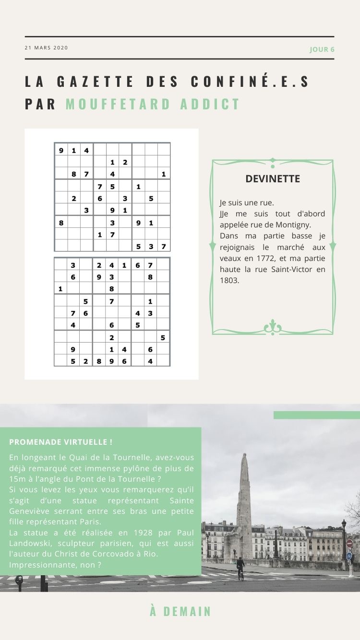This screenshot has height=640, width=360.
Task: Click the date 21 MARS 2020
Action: [x=46, y=47]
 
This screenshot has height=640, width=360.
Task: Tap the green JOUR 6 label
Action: [x=322, y=49]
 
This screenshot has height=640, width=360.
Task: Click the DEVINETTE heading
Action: [x=272, y=179]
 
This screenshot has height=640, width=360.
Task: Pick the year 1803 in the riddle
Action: [x=229, y=280]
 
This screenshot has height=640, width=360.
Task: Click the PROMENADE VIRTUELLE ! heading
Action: [x=60, y=442]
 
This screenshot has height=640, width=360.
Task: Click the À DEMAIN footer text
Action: [x=180, y=612]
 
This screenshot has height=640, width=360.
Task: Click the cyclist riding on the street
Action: [x=240, y=567]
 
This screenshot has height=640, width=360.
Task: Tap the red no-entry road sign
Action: [x=349, y=543]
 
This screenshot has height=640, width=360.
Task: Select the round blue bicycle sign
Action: [x=349, y=556]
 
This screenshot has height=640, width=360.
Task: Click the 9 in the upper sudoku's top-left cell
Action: [x=61, y=150]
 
